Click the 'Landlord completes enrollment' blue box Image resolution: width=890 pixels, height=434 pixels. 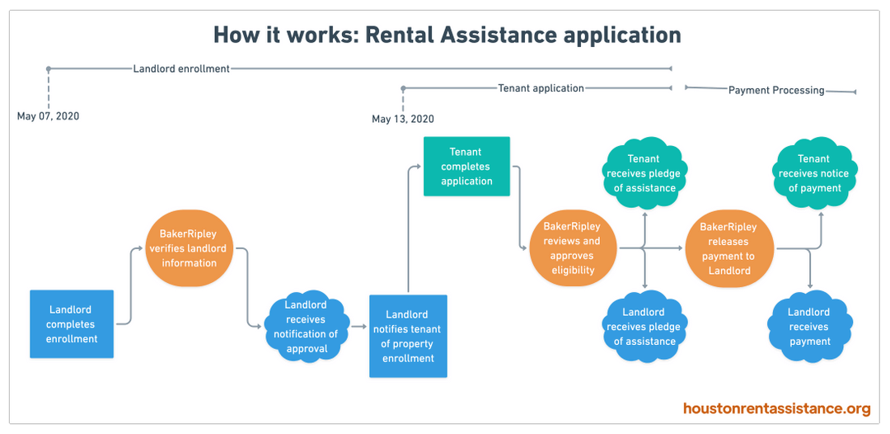click(72, 324)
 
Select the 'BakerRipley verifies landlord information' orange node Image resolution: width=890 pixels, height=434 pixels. click(189, 248)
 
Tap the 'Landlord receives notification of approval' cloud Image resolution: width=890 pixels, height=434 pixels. click(306, 327)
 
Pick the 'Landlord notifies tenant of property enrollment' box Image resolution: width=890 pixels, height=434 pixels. click(408, 336)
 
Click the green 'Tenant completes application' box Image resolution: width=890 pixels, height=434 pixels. click(466, 167)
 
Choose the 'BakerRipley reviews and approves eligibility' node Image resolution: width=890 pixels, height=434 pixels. click(571, 248)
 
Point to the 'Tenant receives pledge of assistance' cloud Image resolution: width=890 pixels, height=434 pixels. click(644, 173)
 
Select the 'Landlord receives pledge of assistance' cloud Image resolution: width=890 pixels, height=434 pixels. click(644, 327)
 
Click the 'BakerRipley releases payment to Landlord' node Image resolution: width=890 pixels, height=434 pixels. click(729, 248)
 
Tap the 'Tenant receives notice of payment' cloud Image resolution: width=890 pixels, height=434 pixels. click(813, 173)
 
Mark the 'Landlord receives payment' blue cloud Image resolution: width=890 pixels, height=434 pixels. click(808, 327)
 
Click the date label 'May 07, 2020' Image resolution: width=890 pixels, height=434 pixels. click(49, 116)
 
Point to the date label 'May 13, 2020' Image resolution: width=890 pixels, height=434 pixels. click(403, 119)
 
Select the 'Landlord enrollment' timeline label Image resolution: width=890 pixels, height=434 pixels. click(181, 68)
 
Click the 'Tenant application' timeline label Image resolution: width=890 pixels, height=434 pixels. click(541, 88)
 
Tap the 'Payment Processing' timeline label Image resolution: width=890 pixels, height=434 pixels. click(776, 90)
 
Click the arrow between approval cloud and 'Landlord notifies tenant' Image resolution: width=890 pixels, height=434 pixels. click(358, 327)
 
